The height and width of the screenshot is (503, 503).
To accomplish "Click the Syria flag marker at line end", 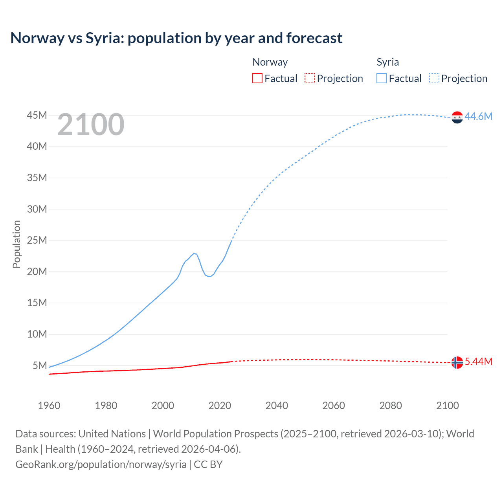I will [457, 117].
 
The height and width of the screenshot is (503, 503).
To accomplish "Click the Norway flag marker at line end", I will [457, 362].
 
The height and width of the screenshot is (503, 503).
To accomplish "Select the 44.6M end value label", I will [478, 116].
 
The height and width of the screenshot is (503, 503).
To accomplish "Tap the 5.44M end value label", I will [478, 362].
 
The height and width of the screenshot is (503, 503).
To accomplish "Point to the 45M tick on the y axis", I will [37, 115].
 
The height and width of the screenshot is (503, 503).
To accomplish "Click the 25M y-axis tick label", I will [37, 240].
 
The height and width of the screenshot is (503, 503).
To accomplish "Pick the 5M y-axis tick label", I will [40, 365].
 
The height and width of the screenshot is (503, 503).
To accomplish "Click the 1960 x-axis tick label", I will [49, 406].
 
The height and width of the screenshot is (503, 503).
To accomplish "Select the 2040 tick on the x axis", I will [277, 406].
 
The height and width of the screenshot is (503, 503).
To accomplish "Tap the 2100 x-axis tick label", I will [447, 406].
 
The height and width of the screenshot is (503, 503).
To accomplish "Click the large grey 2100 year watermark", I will [91, 125].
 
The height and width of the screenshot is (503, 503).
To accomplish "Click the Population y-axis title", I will [17, 244].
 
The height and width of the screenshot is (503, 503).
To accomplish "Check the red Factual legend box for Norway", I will [257, 78].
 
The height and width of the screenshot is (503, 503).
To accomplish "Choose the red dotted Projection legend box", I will [310, 78].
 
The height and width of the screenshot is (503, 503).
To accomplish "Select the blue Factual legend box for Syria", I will [381, 78].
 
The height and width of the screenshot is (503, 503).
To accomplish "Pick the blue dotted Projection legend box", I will [434, 78].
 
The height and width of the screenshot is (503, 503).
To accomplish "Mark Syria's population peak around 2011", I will [194, 253].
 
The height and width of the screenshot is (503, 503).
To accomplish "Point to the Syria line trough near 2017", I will [210, 276].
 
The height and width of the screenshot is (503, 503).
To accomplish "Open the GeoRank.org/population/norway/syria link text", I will [101, 464].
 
